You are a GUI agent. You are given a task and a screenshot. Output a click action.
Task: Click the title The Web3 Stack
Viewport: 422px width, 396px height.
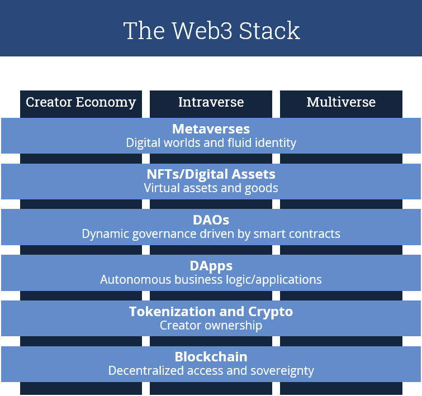point(211,30)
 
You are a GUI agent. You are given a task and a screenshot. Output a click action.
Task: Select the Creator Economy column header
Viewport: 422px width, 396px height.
point(81,102)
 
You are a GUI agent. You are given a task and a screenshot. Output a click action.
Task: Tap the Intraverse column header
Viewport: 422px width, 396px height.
point(211,102)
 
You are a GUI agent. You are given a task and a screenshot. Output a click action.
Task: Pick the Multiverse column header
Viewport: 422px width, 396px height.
point(341,102)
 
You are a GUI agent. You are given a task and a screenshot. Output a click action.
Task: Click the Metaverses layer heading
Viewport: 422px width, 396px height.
point(211,129)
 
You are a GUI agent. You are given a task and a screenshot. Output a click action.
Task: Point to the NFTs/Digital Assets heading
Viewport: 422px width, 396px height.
point(211,175)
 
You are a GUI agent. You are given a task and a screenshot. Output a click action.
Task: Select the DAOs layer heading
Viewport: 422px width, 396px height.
point(211,220)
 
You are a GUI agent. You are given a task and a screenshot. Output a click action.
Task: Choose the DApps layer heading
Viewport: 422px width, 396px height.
point(211,266)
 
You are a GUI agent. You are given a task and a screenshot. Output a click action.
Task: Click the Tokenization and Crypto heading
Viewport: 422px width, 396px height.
point(211,312)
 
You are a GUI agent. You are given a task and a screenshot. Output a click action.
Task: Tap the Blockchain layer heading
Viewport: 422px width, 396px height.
point(211,357)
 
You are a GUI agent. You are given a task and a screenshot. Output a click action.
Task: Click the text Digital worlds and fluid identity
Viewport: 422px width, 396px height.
point(211,143)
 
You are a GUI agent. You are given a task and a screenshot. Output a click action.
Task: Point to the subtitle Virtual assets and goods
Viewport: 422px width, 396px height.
point(211,188)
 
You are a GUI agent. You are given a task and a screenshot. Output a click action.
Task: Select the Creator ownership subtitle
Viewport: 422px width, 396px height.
point(211,325)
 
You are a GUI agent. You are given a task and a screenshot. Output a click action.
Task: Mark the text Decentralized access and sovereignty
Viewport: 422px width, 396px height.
point(211,370)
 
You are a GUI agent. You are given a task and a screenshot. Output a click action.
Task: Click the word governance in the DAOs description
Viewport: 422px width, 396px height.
point(151,234)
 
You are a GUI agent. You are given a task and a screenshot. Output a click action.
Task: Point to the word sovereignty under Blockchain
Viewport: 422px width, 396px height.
point(283,371)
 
